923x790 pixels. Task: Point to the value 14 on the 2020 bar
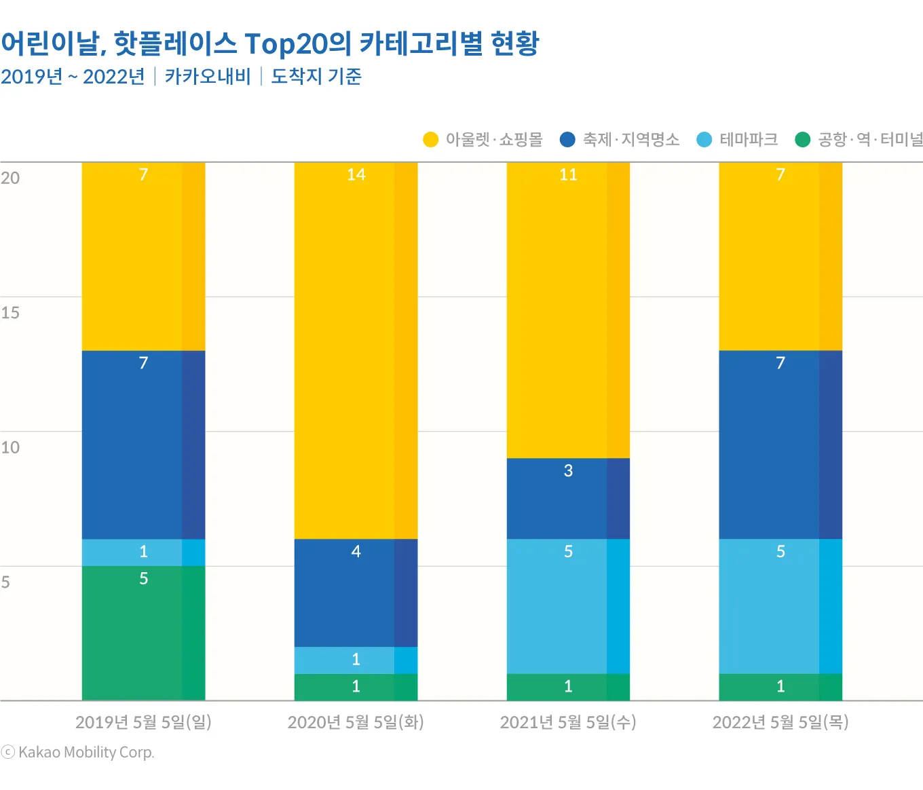point(356,174)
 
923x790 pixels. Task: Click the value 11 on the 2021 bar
point(568,174)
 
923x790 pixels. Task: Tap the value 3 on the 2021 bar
point(568,470)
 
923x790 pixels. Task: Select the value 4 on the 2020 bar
point(356,551)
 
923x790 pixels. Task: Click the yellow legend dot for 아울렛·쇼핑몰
point(430,140)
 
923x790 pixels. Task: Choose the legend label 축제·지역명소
point(630,140)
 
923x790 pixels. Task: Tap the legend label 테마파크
point(749,140)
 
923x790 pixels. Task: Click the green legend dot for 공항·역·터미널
point(802,140)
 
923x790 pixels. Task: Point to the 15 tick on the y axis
point(10,313)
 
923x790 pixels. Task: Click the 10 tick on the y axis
point(10,447)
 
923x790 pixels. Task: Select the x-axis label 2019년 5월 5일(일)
point(143,722)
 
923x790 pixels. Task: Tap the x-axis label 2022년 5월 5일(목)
point(780,722)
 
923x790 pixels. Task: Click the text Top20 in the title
point(285,44)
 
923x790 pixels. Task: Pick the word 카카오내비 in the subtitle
point(208,76)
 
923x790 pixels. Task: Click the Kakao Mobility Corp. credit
point(86,752)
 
